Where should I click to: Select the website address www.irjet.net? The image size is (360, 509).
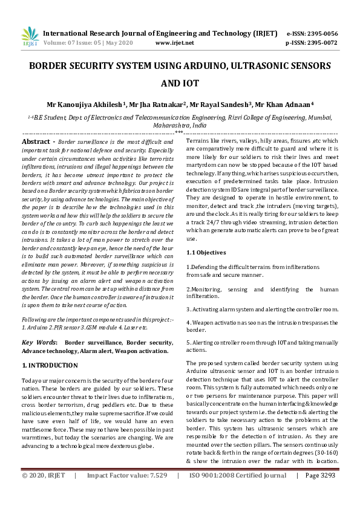click(174, 44)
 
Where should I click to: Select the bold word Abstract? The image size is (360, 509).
click(35, 140)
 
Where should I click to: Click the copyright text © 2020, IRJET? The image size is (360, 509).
click(44, 493)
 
